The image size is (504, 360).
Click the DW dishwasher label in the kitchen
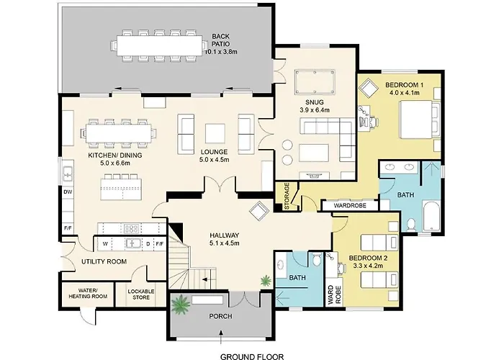[68, 192]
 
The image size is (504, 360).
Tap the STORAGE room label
[287, 197]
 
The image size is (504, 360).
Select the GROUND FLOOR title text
[252, 356]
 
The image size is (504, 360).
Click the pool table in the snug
[315, 82]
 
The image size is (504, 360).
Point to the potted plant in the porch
[181, 305]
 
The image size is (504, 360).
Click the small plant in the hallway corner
[266, 281]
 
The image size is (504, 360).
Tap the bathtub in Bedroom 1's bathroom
[431, 216]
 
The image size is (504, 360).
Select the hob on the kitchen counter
[131, 228]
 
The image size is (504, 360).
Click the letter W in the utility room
[105, 243]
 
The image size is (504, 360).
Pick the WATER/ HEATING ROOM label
[88, 294]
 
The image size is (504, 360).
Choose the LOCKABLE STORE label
[141, 294]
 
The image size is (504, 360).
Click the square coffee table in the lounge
[215, 133]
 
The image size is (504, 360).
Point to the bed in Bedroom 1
[419, 120]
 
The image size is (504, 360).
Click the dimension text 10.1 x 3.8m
[221, 51]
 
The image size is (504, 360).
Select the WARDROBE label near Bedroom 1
[350, 205]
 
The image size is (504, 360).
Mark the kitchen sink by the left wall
[68, 174]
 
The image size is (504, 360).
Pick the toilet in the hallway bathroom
[317, 258]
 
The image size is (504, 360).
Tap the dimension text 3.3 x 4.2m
[368, 266]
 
